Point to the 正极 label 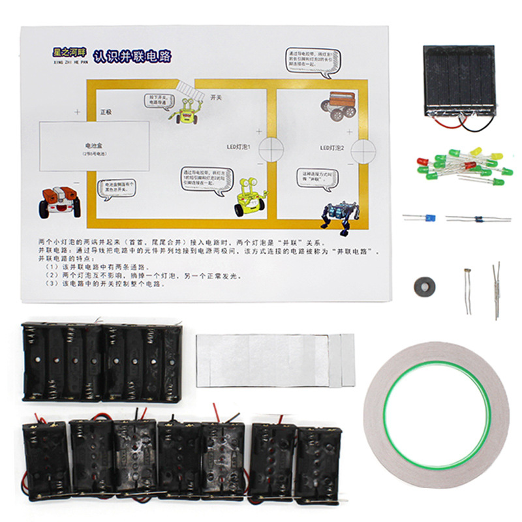point(106,112)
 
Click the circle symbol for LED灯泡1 point(270,149)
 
